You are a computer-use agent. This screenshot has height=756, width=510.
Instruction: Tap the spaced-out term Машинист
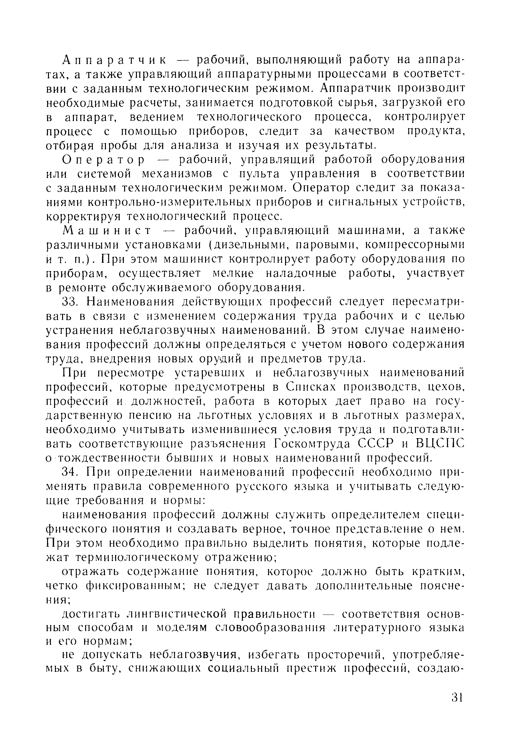click(107, 231)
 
